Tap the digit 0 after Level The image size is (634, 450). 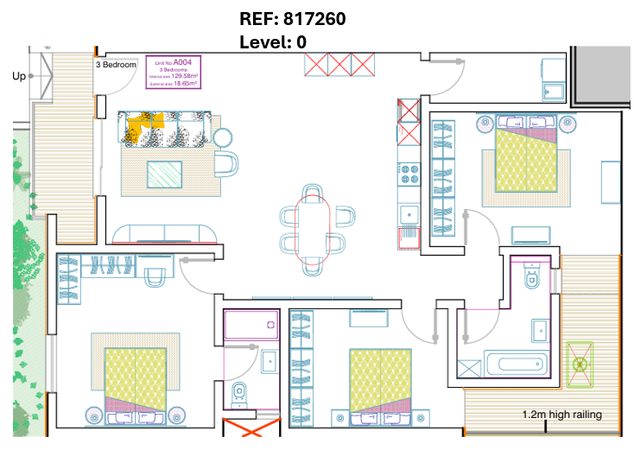[301, 41]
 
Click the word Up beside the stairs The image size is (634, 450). [19, 76]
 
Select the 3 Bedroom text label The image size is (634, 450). [116, 65]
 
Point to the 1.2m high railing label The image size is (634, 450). [561, 415]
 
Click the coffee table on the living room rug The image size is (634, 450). [164, 174]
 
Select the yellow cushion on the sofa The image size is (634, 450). [143, 126]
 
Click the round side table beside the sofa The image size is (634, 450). [224, 137]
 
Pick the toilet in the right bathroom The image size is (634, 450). [532, 277]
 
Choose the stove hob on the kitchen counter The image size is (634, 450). [407, 174]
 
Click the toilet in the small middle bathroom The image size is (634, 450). [241, 393]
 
